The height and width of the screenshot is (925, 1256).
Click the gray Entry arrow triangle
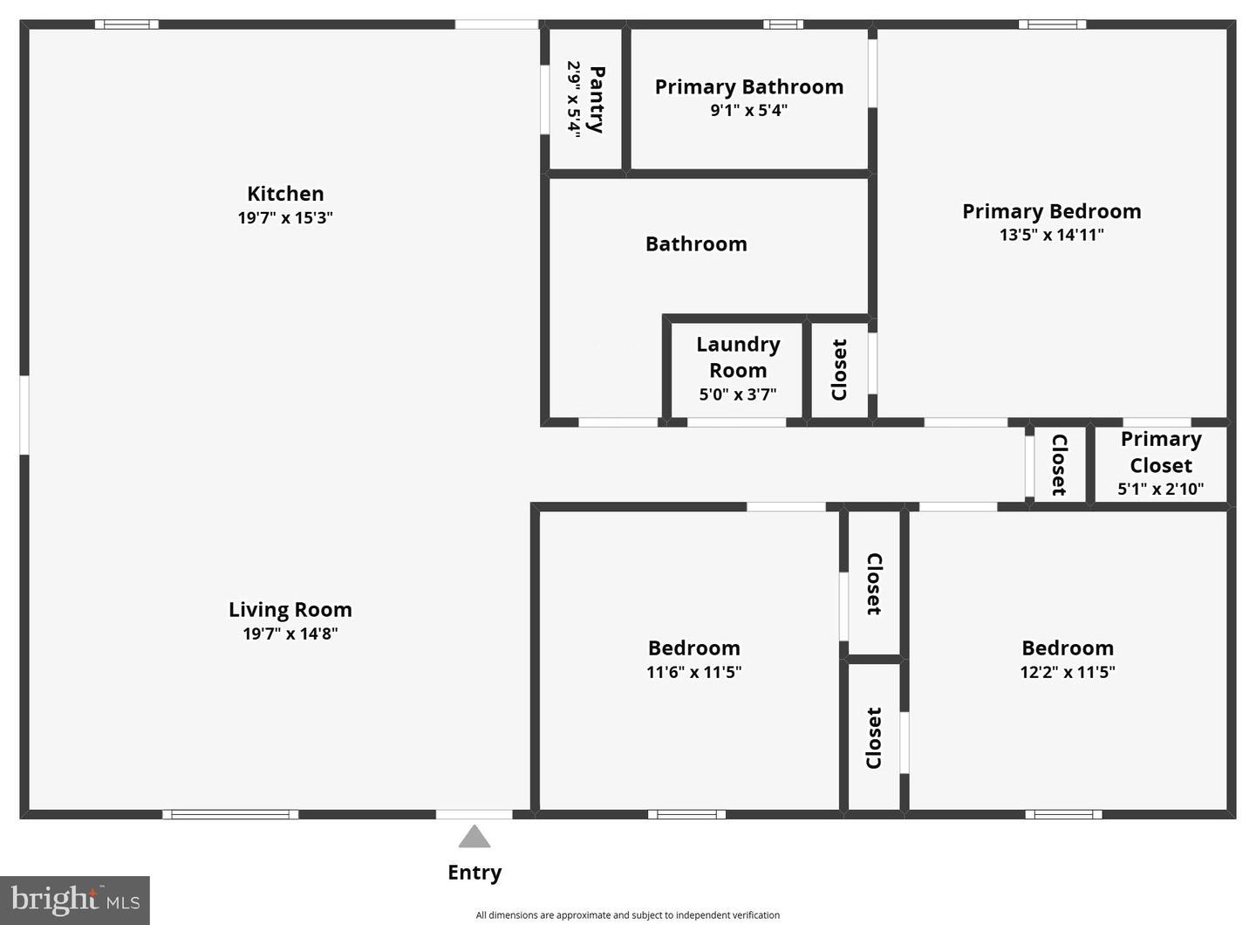(x=474, y=836)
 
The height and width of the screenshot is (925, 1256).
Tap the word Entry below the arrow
(x=474, y=873)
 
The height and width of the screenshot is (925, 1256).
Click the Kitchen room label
(x=285, y=194)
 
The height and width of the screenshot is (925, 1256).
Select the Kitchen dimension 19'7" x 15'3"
(x=285, y=217)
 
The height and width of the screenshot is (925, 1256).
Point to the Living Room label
(x=290, y=610)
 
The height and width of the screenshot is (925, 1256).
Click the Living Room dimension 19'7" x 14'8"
(x=290, y=634)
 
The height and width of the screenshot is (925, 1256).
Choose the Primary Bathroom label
(x=749, y=87)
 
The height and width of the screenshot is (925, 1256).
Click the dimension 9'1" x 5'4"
(x=749, y=111)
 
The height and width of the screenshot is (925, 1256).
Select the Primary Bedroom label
(x=1052, y=211)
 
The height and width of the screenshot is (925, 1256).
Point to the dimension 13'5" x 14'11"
(x=1052, y=235)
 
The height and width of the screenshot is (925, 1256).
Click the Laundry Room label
(x=738, y=357)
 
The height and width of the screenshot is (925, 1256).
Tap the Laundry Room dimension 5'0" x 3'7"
(x=738, y=394)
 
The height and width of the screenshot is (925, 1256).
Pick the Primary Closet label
(x=1161, y=452)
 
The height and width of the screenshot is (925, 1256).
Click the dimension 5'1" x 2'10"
(x=1161, y=490)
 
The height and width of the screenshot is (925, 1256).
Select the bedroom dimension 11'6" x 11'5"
(x=694, y=672)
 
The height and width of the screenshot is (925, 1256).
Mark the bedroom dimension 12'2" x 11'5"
(x=1068, y=672)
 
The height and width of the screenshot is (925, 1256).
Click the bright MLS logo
(x=75, y=901)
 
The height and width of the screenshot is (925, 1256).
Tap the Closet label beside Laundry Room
(x=839, y=370)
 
